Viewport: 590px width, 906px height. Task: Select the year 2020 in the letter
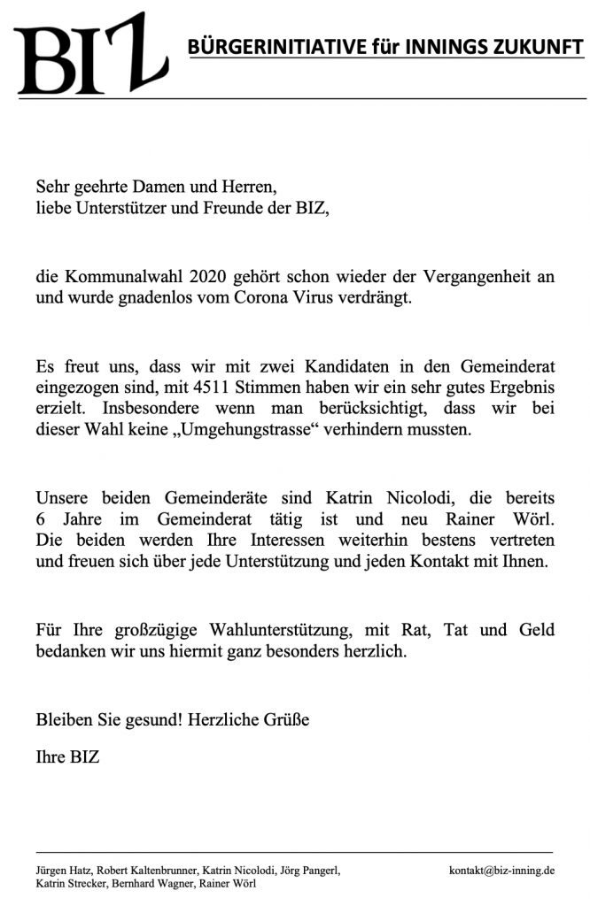click(210, 277)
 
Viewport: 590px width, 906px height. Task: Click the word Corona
click(270, 298)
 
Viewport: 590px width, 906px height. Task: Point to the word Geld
click(533, 631)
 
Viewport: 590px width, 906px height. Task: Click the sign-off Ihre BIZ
click(67, 758)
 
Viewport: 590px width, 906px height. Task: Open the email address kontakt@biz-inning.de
click(502, 870)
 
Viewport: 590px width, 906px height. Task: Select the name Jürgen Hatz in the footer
click(61, 870)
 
